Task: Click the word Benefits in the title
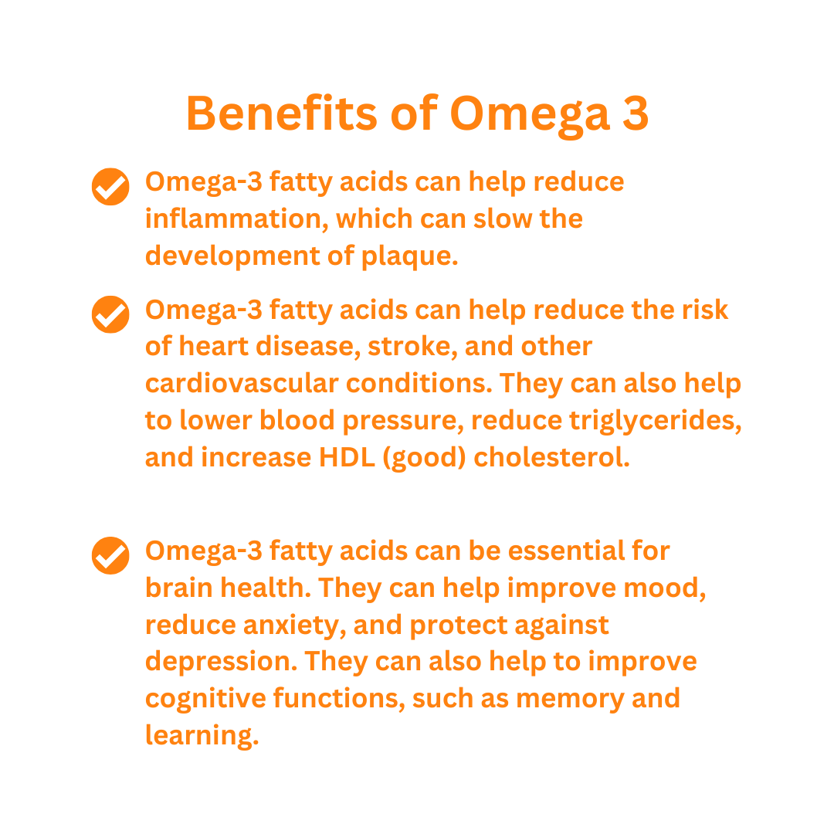(x=281, y=113)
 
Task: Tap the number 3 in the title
(x=636, y=114)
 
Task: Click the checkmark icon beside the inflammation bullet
(x=110, y=187)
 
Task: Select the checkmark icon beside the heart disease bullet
(x=110, y=314)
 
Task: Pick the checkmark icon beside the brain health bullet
(x=110, y=555)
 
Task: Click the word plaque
(x=409, y=256)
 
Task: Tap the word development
(x=232, y=256)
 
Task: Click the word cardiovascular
(x=242, y=383)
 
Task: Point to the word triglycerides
(x=656, y=421)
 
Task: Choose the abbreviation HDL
(x=347, y=457)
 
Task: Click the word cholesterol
(x=551, y=457)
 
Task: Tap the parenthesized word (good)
(x=425, y=458)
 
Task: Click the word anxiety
(x=291, y=625)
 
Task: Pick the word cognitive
(x=205, y=698)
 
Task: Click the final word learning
(x=202, y=736)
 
